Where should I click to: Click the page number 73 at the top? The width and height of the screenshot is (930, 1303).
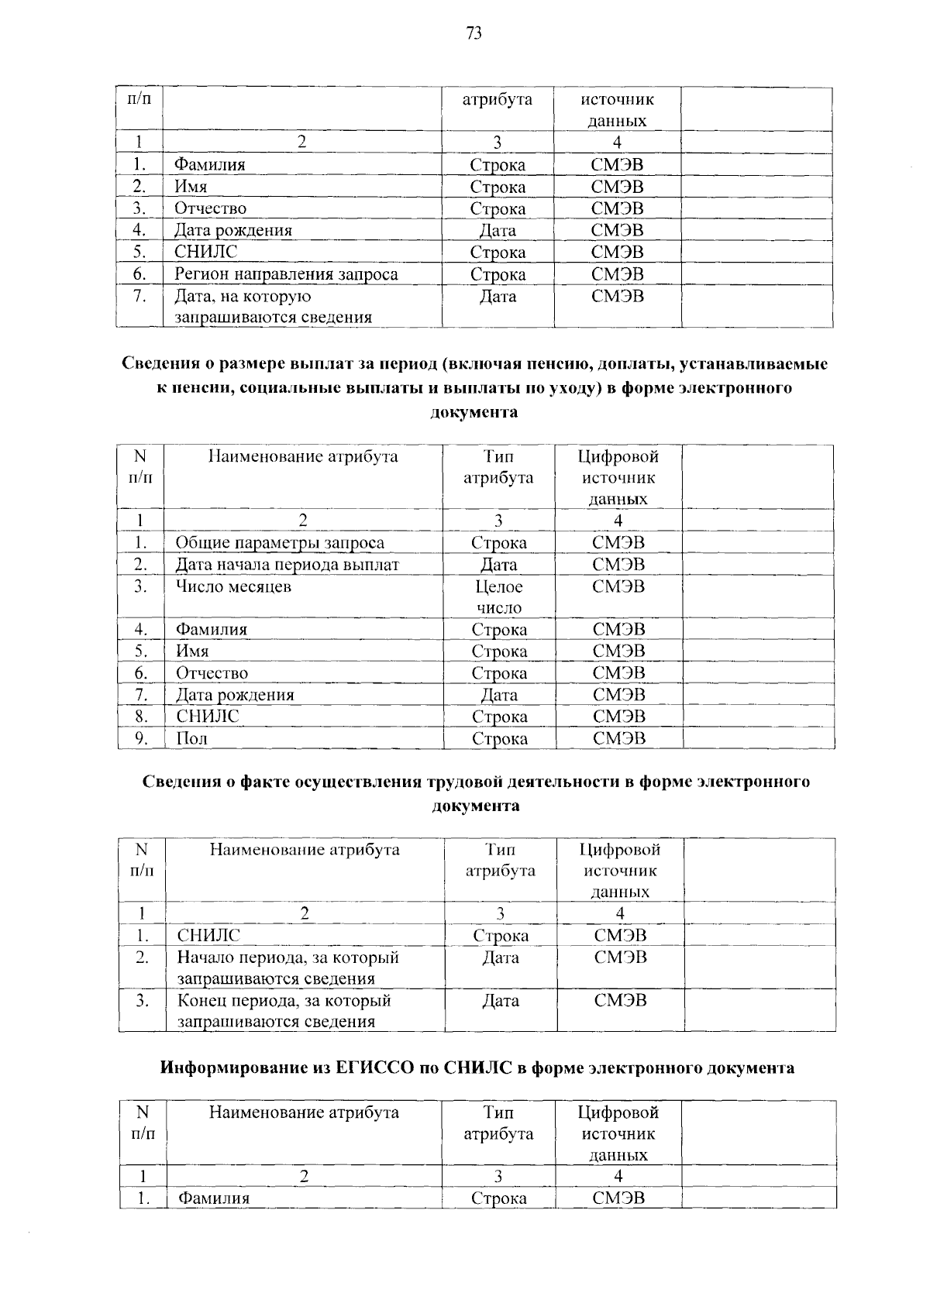coord(474,33)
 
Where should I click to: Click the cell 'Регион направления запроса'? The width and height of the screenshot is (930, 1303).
coord(286,274)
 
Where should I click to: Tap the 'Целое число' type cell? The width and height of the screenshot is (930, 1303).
coord(498,597)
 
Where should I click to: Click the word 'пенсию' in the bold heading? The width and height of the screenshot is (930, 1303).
coord(536,363)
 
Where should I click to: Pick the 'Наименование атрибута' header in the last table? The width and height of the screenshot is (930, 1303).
coord(304,1113)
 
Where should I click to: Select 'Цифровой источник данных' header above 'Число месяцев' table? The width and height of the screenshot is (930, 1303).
coord(618,477)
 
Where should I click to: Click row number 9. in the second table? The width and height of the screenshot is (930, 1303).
coord(141,738)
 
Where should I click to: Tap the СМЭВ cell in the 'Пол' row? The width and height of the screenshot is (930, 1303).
coord(618,739)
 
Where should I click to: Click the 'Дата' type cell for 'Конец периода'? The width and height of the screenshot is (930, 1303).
coord(500,1001)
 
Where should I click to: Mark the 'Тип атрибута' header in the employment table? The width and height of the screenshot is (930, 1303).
coord(500,860)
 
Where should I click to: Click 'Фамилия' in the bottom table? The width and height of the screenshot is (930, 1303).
coord(214,1198)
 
